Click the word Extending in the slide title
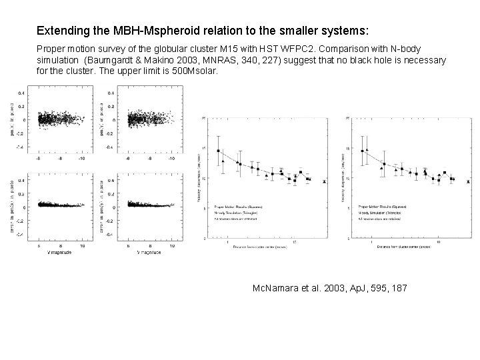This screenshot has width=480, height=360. click(59, 31)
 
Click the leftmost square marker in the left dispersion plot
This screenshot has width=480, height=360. click(219, 151)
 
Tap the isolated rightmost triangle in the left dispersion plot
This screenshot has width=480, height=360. click(324, 181)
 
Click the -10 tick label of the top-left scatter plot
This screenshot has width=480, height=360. click(81, 160)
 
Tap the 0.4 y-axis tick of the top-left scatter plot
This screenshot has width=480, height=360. click(23, 93)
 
